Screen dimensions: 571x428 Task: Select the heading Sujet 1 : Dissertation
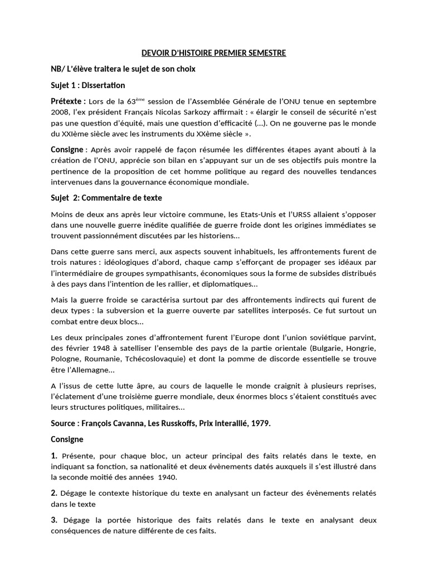[x=88, y=85]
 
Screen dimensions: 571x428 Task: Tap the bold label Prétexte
[x=68, y=101]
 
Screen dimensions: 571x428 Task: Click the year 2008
[x=60, y=113]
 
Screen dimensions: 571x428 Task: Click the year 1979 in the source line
[x=260, y=423]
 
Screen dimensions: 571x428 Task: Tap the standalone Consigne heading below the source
[x=67, y=439]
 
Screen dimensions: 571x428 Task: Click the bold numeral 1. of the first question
[x=54, y=456]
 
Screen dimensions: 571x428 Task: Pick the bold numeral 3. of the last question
[x=54, y=520]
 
